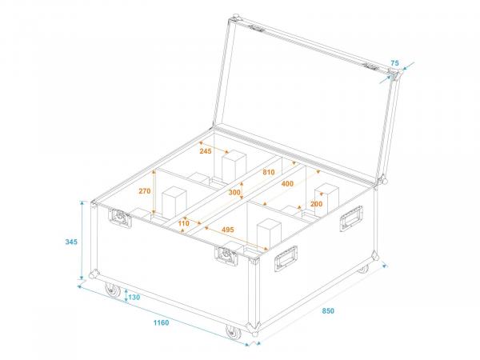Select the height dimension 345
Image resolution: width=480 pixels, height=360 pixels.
(x=70, y=242)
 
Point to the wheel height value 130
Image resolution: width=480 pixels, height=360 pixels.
(x=134, y=298)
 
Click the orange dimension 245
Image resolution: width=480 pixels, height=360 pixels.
(x=205, y=151)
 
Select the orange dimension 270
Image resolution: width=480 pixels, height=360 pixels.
(x=145, y=191)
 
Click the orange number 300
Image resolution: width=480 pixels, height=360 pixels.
(x=234, y=193)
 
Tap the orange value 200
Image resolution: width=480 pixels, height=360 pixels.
(x=316, y=205)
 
